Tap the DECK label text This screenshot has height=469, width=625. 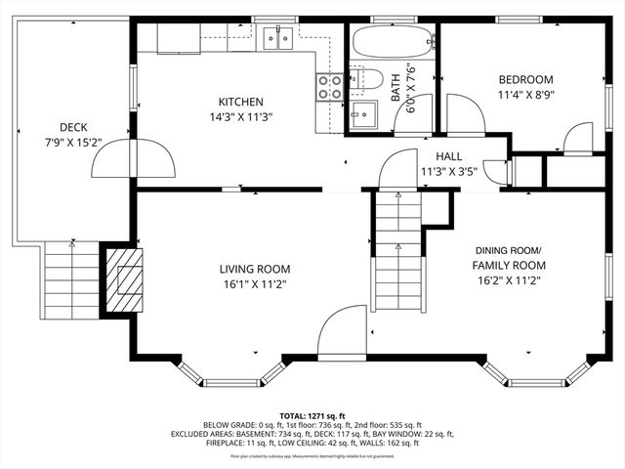(x=73, y=127)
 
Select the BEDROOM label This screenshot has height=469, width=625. (x=525, y=80)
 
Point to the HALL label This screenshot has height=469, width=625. (x=448, y=155)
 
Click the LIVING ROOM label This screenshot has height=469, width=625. (x=254, y=269)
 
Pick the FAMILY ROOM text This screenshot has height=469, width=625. (x=508, y=265)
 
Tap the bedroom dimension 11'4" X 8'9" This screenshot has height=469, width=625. (x=525, y=96)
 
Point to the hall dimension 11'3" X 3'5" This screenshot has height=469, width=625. (x=448, y=171)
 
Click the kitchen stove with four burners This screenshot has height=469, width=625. (x=329, y=88)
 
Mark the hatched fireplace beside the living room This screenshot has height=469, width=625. (x=124, y=277)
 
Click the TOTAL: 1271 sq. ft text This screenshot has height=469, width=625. (x=312, y=415)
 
